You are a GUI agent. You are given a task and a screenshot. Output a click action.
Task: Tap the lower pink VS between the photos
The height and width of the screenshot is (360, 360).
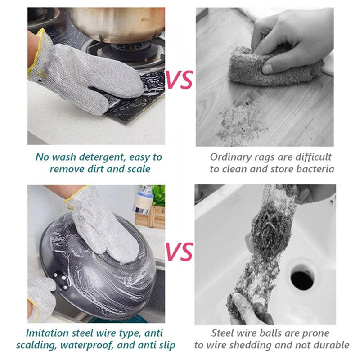[x=179, y=252]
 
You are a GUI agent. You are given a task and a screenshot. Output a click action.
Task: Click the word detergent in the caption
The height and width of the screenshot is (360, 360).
[x=102, y=157]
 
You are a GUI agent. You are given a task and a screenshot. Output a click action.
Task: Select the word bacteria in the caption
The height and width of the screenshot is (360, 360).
[x=315, y=169]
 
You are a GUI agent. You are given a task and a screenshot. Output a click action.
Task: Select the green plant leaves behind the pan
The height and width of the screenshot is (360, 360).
[x=159, y=195]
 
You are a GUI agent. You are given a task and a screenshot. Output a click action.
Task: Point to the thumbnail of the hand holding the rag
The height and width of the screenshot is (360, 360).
[x=266, y=69]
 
